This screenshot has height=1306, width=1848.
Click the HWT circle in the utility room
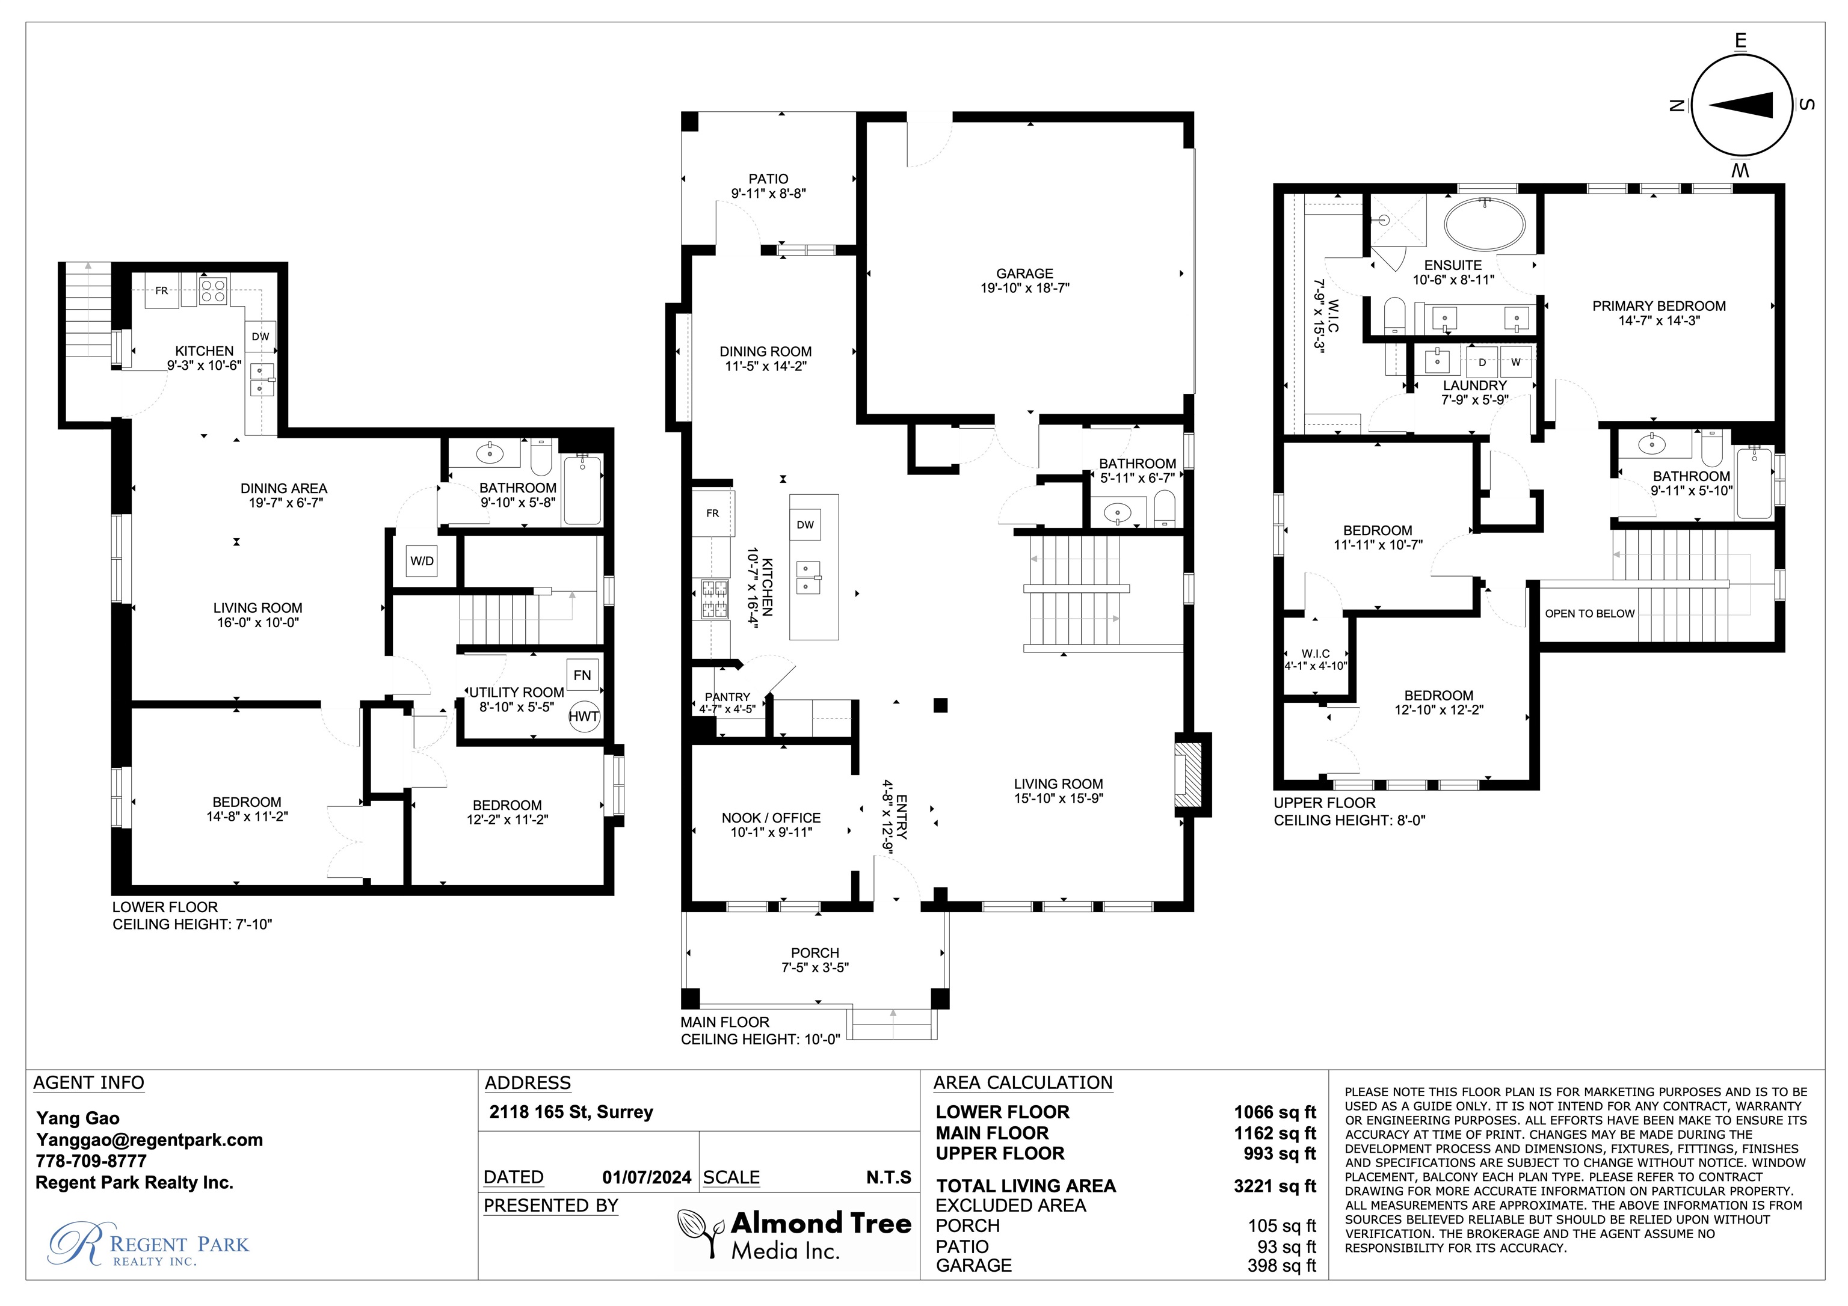pos(584,716)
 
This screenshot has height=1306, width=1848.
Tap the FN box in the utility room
pos(582,675)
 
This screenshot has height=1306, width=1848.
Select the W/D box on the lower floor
pos(422,561)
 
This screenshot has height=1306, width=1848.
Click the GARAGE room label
pos(1024,274)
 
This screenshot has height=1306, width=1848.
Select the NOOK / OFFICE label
pos(771,818)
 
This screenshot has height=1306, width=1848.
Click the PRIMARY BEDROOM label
pos(1659,306)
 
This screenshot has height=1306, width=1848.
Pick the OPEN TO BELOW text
pos(1590,613)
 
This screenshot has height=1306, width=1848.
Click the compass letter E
pos(1741,41)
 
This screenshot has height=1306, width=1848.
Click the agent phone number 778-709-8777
pos(91,1161)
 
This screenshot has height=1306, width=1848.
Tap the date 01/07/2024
pos(646,1177)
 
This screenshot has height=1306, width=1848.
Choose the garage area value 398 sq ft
pos(1281,1266)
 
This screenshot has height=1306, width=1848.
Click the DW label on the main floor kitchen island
pos(805,525)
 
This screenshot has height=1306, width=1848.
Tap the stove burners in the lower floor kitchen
pos(214,290)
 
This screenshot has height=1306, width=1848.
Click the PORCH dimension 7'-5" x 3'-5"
pos(815,967)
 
